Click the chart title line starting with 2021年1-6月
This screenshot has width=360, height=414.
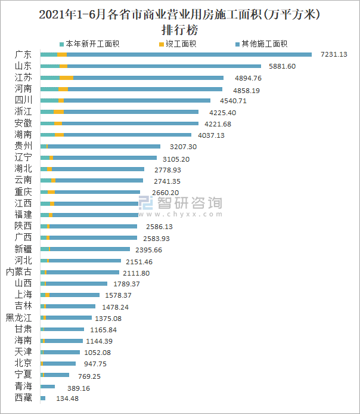tap(179, 14)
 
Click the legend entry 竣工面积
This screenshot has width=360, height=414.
tap(179, 44)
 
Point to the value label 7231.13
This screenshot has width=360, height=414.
tap(334, 55)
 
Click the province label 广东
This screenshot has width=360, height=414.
tap(23, 55)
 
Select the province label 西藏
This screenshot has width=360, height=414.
tap(23, 398)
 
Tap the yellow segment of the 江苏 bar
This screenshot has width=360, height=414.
tap(66, 78)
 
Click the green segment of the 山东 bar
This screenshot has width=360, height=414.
tap(49, 66)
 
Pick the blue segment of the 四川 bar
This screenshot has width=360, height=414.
tap(136, 100)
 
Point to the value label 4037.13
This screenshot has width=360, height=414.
tap(212, 135)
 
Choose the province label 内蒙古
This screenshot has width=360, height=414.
tap(18, 272)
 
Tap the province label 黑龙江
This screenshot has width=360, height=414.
tap(18, 318)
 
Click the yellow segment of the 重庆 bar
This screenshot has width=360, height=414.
tap(51, 192)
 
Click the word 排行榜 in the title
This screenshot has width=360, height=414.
tap(179, 29)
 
